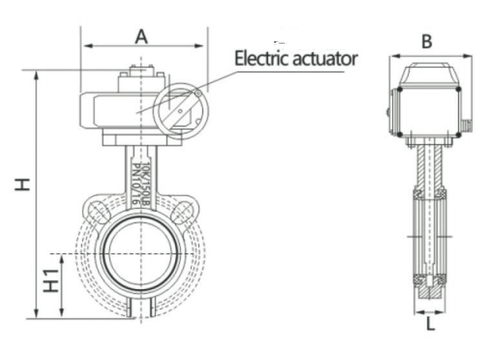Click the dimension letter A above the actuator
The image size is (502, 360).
(x=141, y=35)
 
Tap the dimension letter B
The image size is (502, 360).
(x=426, y=41)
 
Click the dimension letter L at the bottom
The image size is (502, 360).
(x=430, y=324)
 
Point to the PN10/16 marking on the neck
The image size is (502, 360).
(x=137, y=180)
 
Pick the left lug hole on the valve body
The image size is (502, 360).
(x=97, y=213)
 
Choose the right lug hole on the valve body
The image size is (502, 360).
(x=182, y=213)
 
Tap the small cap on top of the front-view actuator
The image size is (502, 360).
(x=140, y=72)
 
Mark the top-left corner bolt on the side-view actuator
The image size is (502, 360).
(x=399, y=90)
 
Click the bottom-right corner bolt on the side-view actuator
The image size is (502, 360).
(x=460, y=134)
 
